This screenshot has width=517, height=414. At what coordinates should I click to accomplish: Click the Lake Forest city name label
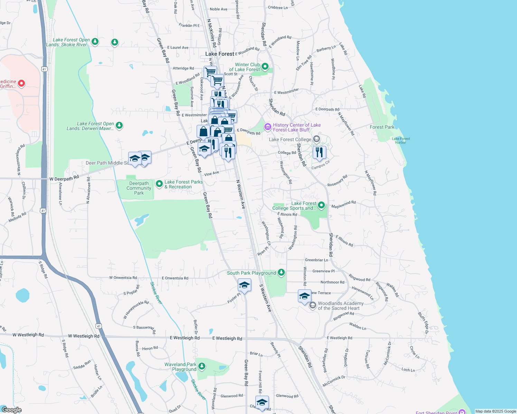(x=219, y=54)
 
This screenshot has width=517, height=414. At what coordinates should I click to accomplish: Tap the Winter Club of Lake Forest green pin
(x=265, y=66)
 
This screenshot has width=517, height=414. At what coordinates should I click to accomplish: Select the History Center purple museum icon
(x=267, y=127)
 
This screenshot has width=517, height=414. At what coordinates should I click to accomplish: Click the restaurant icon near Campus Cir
(x=319, y=152)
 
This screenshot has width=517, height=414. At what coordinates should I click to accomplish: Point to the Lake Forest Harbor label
(x=401, y=140)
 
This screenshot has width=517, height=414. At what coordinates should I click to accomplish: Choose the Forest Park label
(x=382, y=127)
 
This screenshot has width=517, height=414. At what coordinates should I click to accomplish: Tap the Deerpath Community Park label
(x=139, y=188)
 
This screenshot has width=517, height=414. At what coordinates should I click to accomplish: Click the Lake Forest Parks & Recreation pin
(x=159, y=184)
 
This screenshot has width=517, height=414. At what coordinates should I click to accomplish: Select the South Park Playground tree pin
(x=281, y=273)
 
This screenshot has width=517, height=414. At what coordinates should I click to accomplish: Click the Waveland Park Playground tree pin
(x=202, y=366)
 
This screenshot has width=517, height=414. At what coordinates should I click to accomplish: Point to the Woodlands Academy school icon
(x=312, y=305)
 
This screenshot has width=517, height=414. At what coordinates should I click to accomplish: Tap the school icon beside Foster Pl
(x=244, y=285)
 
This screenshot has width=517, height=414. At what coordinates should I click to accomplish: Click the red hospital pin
(x=21, y=83)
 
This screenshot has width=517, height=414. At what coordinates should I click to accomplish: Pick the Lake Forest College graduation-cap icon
(x=316, y=139)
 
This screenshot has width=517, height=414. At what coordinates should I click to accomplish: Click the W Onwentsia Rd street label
(x=123, y=277)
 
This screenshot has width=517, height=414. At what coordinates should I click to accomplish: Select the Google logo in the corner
(x=11, y=410)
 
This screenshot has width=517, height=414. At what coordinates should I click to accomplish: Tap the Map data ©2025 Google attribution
(x=496, y=411)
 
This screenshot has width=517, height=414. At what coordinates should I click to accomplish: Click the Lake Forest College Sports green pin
(x=321, y=205)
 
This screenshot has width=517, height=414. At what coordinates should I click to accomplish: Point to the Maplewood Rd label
(x=344, y=205)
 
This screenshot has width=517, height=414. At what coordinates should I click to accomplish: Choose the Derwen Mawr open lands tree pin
(x=119, y=125)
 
